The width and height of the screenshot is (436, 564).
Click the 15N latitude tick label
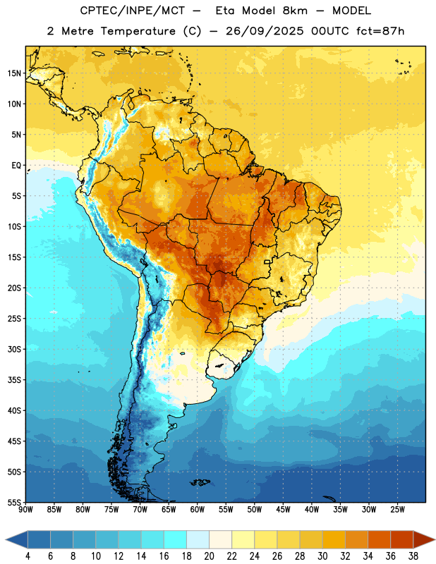[14, 73]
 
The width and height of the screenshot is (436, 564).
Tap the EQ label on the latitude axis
[16, 166]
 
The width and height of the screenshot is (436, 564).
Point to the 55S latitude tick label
[14, 502]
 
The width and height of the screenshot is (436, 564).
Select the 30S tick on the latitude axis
[14, 349]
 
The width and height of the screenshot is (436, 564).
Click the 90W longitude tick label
[25, 510]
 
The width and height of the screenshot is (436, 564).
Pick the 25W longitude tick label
[397, 510]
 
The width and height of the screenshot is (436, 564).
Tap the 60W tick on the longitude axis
[198, 510]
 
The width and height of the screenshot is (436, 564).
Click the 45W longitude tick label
[284, 510]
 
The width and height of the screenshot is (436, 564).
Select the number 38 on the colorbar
[413, 556]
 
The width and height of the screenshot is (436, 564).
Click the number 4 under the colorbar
[28, 556]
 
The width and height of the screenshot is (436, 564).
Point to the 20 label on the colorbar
[209, 556]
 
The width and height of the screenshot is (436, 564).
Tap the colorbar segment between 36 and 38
[402, 540]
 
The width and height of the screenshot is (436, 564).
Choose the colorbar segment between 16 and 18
[176, 540]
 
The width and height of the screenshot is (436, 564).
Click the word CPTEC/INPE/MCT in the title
[133, 11]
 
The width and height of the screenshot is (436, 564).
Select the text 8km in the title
[295, 11]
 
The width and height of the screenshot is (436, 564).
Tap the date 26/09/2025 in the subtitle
[265, 31]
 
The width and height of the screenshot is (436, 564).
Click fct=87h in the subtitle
[380, 31]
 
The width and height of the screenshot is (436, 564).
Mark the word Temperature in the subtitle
[138, 31]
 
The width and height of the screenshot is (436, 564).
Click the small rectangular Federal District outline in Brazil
[267, 262]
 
